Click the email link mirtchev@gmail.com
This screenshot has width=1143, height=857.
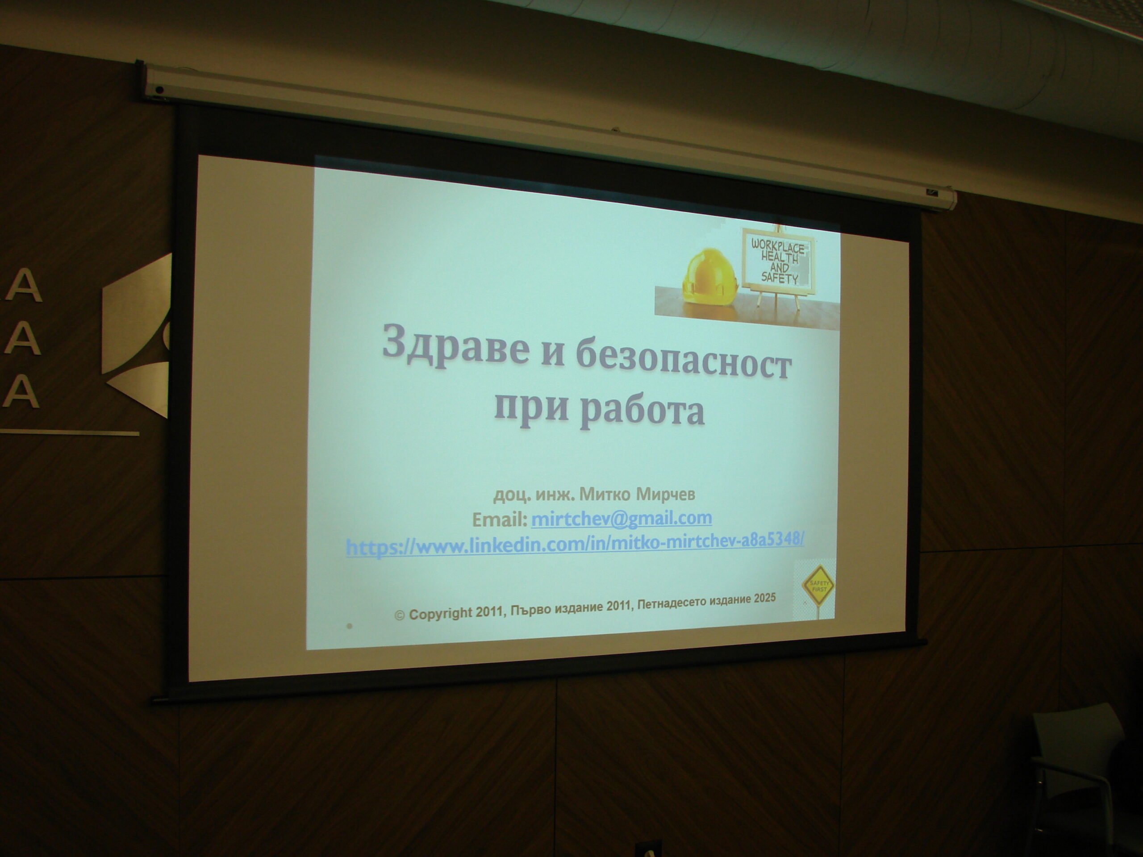(x=621, y=518)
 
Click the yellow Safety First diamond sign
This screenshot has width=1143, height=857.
(x=818, y=585)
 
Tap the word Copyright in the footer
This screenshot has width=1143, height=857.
(x=440, y=613)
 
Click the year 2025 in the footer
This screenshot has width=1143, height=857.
(x=764, y=598)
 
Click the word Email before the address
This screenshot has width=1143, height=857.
(x=499, y=519)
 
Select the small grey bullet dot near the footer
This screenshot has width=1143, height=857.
(x=349, y=626)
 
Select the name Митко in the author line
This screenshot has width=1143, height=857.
(x=605, y=495)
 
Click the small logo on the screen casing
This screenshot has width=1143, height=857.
(x=930, y=193)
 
